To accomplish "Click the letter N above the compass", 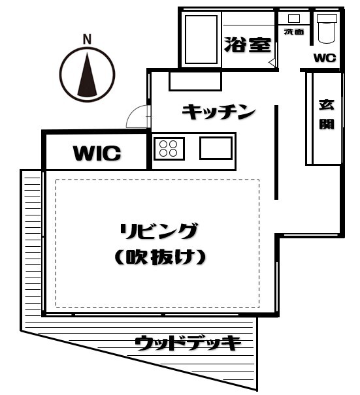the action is (87, 40).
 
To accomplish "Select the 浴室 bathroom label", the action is (248, 45).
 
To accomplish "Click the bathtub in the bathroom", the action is (201, 39).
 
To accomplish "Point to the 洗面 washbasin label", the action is (294, 32).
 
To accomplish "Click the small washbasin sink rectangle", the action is (294, 18).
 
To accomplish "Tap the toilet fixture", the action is (327, 29).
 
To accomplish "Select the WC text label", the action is (325, 58).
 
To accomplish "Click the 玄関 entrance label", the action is (327, 115).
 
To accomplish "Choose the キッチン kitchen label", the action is (219, 112).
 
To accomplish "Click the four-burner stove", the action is (169, 149).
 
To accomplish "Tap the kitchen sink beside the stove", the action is (216, 148).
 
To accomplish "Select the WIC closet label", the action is (97, 153).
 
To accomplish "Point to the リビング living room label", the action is (159, 231).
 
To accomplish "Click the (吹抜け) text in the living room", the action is (160, 257).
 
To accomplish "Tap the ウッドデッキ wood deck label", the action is (188, 343).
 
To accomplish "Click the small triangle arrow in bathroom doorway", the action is (272, 62).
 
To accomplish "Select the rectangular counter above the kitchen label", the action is (195, 81).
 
